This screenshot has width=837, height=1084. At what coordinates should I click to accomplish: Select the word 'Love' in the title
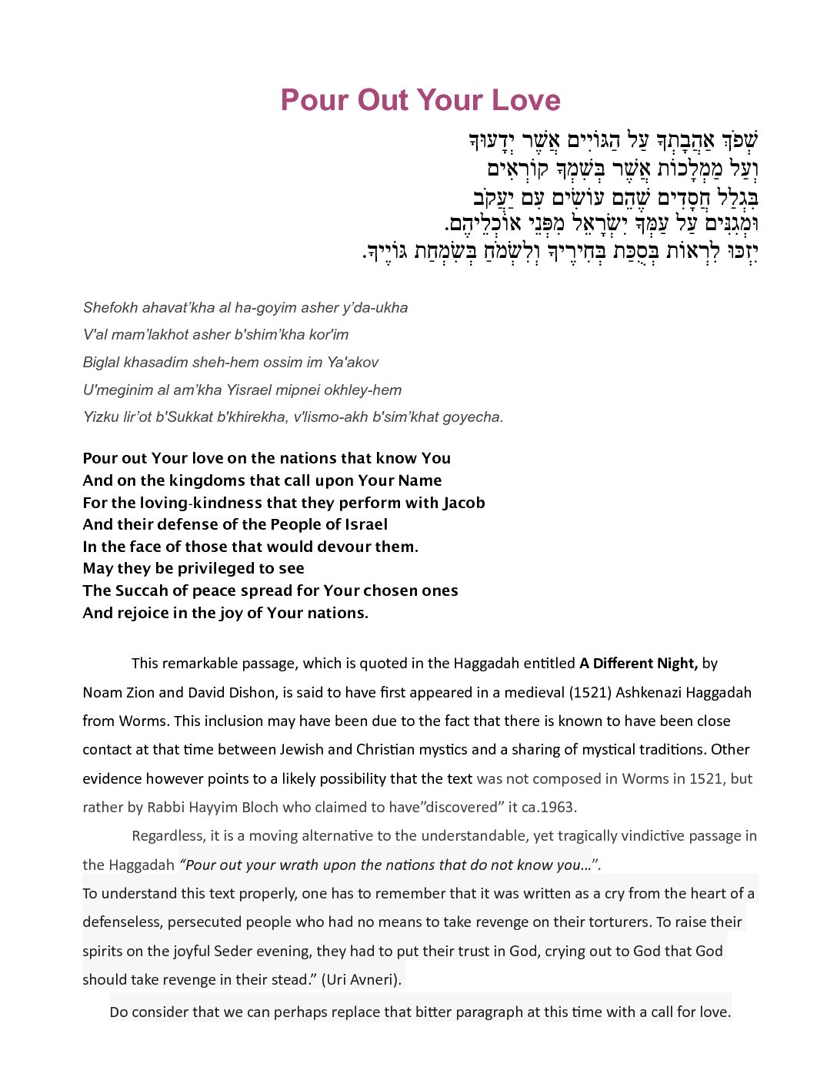pos(526,100)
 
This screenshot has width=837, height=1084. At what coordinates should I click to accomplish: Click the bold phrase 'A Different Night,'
pos(638,664)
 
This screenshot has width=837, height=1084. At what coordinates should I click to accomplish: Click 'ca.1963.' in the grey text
pos(549,807)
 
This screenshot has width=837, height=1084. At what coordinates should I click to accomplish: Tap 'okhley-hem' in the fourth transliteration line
pos(368,390)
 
